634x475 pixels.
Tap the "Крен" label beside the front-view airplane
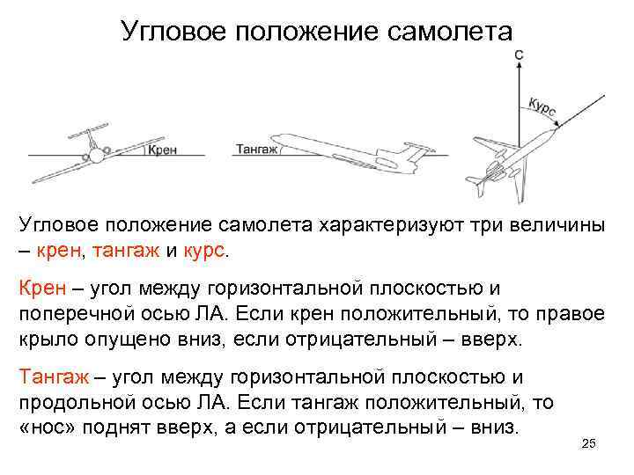161,150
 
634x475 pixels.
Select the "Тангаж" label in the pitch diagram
256,150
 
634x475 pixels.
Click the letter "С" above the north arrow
520,55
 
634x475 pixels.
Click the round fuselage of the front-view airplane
95,156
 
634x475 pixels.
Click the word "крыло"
48,339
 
